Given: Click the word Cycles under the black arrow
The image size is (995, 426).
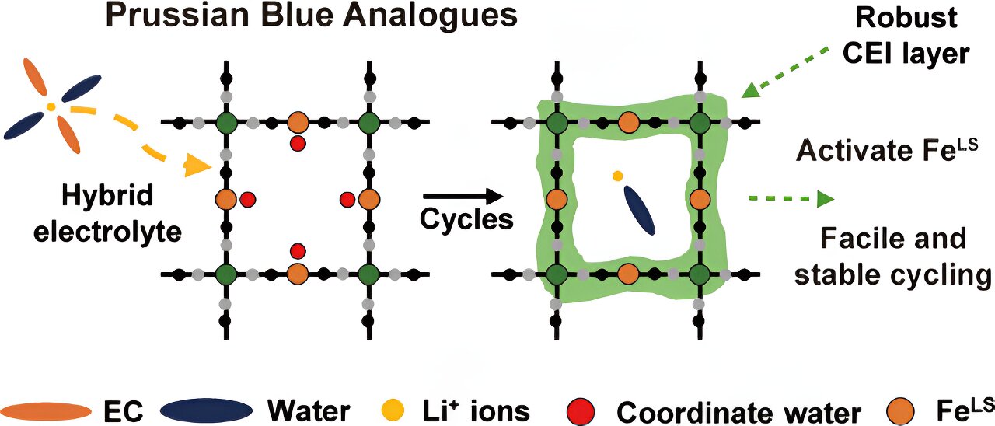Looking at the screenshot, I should [466, 220].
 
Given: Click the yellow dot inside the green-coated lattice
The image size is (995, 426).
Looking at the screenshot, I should [617, 176].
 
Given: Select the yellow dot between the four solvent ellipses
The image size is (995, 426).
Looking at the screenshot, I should [51, 106].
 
